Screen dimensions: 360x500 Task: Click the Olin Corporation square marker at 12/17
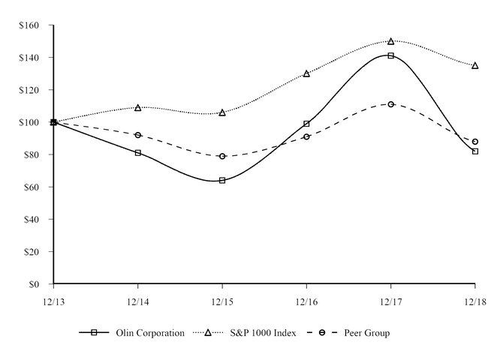390,55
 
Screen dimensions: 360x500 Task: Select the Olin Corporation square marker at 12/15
222,180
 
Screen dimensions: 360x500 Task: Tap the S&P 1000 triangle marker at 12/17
390,41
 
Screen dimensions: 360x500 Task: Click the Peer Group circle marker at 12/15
222,156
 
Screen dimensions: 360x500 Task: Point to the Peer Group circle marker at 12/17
390,104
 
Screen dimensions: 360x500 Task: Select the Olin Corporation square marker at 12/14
138,153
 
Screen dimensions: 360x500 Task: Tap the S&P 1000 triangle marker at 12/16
306,73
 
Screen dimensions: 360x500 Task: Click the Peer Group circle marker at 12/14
138,135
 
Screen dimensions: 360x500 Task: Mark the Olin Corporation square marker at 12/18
474,151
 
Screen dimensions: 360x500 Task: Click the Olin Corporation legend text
150,333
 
